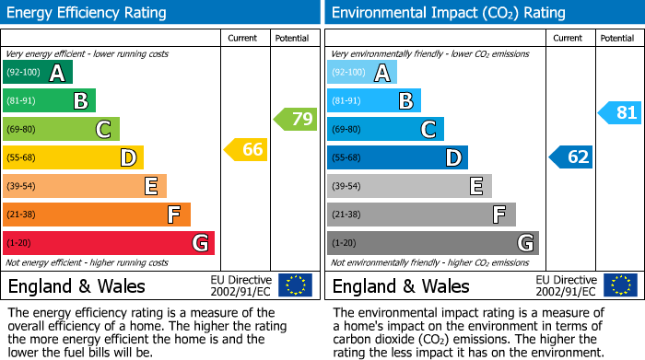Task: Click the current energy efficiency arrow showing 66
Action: tap(246, 149)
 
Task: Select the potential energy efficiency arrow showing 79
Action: tap(295, 119)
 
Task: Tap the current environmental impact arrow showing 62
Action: tap(571, 157)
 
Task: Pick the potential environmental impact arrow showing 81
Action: tap(620, 112)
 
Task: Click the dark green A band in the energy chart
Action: tap(38, 73)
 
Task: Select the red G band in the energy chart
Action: tap(109, 243)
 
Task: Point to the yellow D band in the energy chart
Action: tap(73, 157)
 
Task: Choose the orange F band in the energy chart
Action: tap(97, 215)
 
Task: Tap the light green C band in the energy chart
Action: tap(61, 129)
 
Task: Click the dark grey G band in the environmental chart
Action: tap(433, 243)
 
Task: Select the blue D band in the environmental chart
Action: tap(397, 157)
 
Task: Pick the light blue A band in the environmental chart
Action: tap(362, 73)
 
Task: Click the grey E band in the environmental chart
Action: tap(409, 186)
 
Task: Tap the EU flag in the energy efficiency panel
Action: tap(295, 285)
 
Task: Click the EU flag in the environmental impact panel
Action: tap(619, 285)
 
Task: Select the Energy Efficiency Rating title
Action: tap(88, 13)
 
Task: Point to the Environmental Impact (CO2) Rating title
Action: tap(435, 13)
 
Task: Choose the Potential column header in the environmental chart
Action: tap(616, 38)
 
